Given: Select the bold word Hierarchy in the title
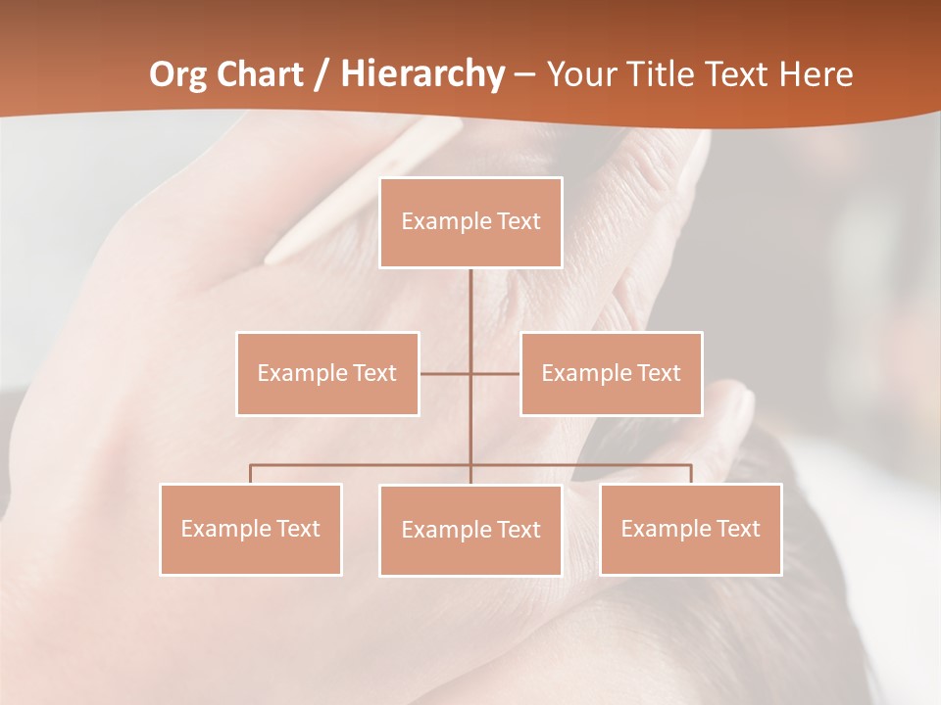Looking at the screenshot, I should [x=422, y=74].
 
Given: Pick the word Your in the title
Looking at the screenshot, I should [x=580, y=74].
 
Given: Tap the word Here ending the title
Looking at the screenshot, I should [x=816, y=74].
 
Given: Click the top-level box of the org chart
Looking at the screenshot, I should [x=470, y=222].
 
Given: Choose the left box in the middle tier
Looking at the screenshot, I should [x=327, y=373].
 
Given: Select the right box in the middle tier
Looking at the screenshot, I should [x=612, y=373].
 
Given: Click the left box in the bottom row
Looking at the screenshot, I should [x=251, y=529].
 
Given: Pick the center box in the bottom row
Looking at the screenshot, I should [x=470, y=530].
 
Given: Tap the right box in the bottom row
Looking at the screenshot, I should [x=691, y=529].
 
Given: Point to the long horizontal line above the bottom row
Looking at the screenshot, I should [x=363, y=465].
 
